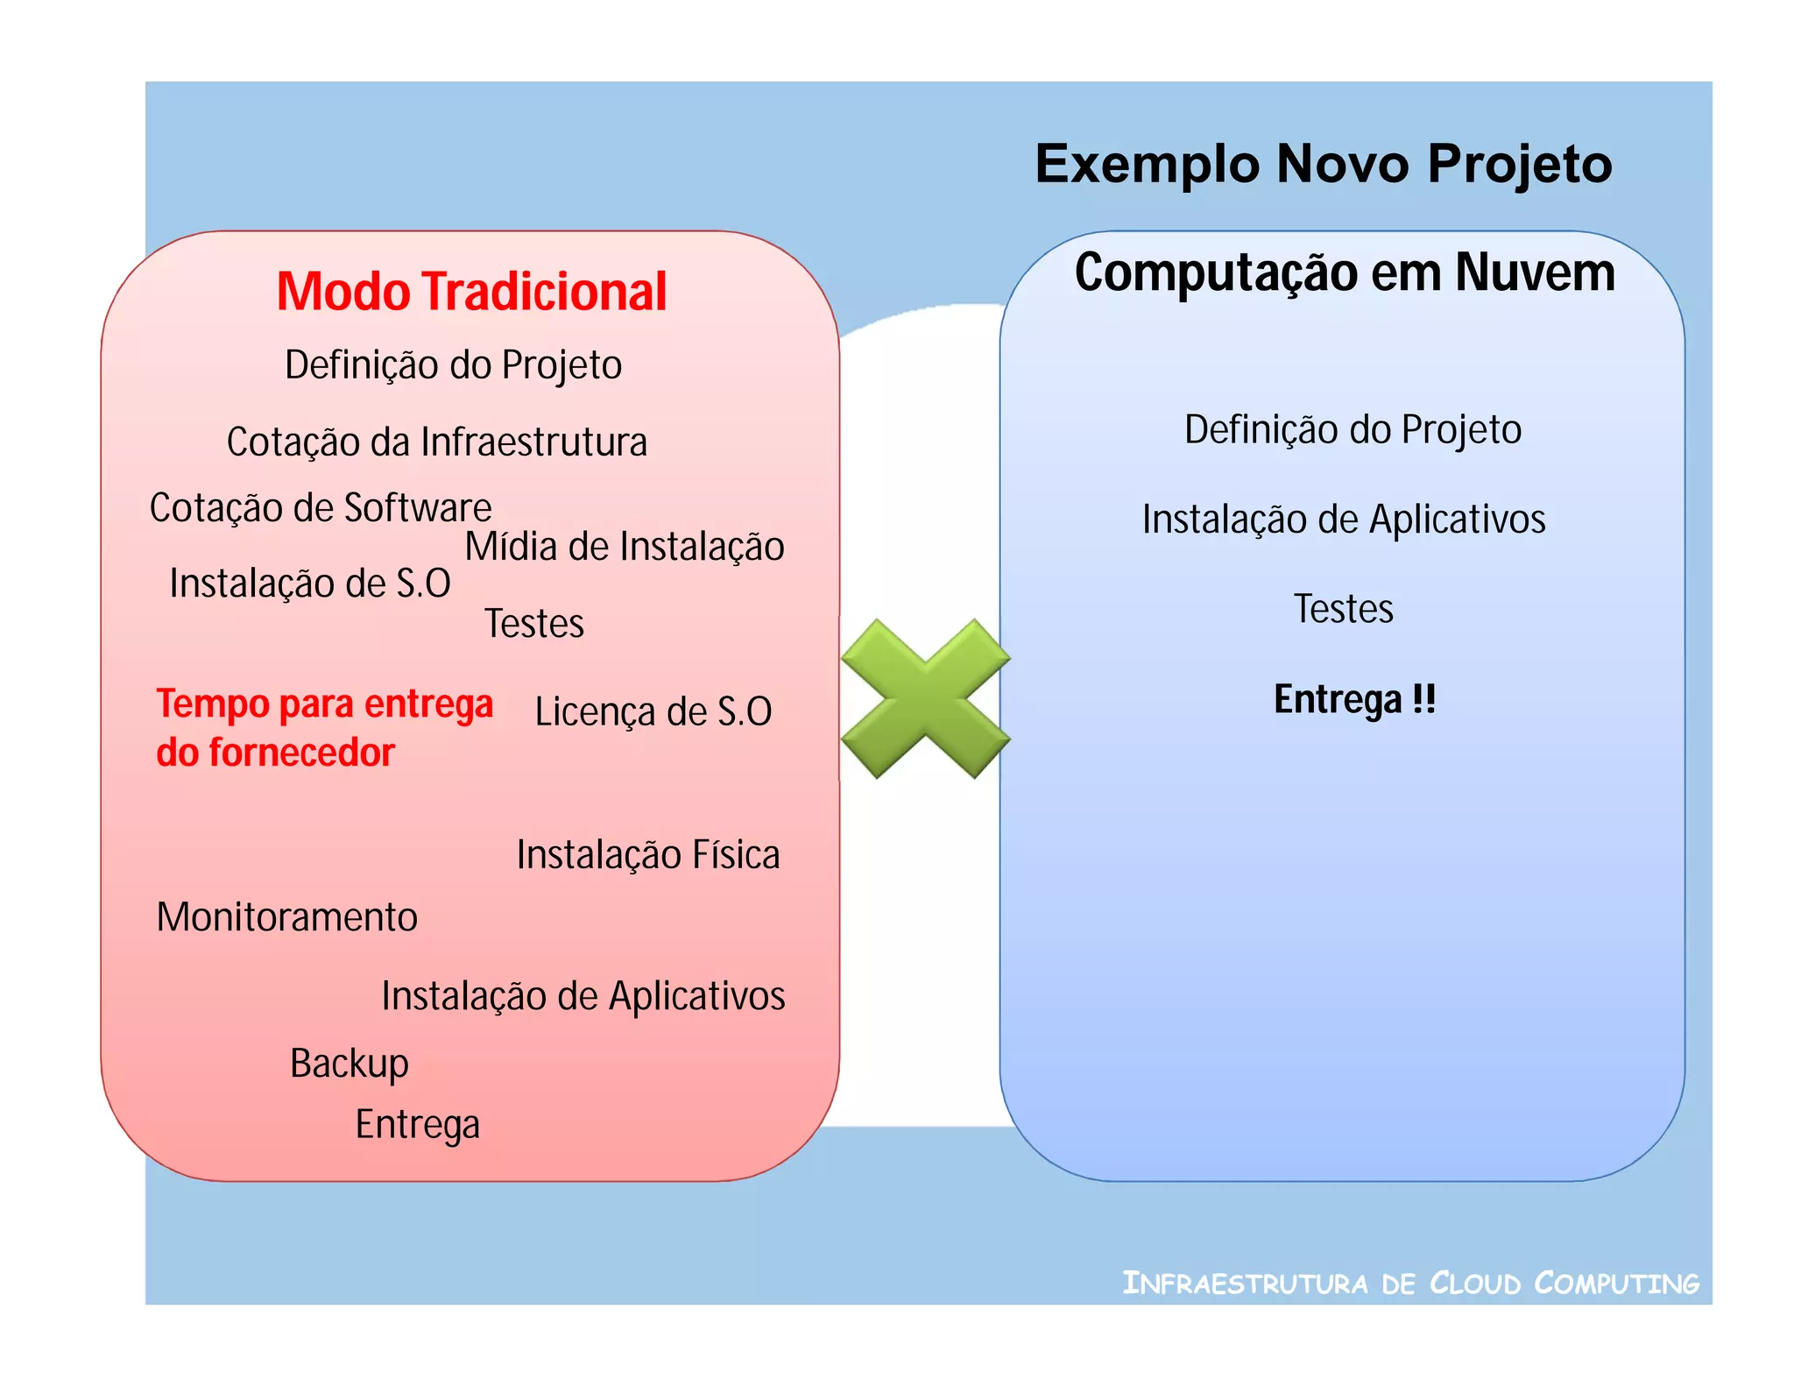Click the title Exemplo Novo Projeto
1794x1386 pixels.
[x=1323, y=165]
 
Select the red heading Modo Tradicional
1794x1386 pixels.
[x=471, y=292]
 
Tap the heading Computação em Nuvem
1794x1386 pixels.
[x=1345, y=272]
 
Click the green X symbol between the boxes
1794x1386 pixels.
[x=925, y=698]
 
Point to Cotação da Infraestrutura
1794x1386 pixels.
[x=436, y=442]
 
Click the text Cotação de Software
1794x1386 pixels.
[x=321, y=508]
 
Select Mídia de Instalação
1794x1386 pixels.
[x=624, y=548]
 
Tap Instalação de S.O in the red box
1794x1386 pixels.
[x=309, y=584]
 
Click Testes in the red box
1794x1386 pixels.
[x=533, y=624]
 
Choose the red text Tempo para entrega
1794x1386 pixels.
[x=324, y=704]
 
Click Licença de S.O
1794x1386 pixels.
[x=653, y=711]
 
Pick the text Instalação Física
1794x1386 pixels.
[x=647, y=855]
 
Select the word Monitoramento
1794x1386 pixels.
[x=286, y=917]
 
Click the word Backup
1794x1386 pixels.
[x=349, y=1064]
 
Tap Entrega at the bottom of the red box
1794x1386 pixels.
[x=417, y=1125]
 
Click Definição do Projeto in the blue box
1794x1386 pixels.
[x=1353, y=430]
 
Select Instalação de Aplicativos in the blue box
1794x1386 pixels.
[x=1344, y=520]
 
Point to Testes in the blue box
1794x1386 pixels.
[x=1343, y=609]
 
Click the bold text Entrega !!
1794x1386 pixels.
[x=1354, y=700]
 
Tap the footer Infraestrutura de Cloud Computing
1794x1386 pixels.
[x=1410, y=1283]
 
